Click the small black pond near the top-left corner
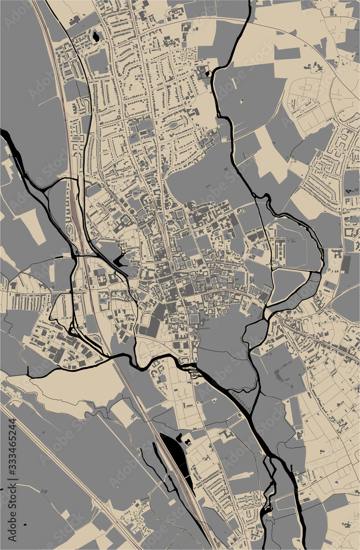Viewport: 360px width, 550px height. point(96,37)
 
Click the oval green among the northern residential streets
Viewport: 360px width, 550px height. point(174,124)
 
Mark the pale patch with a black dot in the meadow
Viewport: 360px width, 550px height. point(243,101)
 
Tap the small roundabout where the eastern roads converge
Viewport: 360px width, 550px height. point(275,316)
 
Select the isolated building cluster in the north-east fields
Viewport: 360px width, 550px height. point(317,68)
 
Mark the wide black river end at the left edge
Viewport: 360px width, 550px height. point(5,134)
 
